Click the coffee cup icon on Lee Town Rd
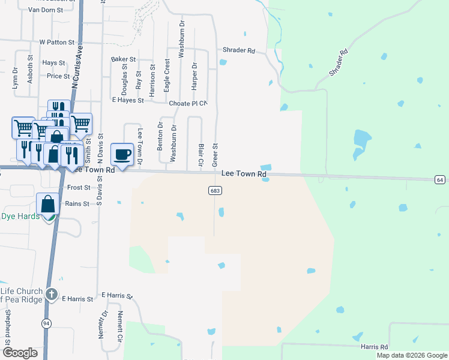click(x=122, y=154)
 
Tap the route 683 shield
click(x=215, y=190)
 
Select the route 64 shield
click(x=440, y=180)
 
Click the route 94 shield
click(x=46, y=323)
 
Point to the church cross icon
click(x=52, y=295)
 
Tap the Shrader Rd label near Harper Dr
click(x=239, y=50)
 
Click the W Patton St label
click(x=56, y=43)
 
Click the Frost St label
click(x=79, y=188)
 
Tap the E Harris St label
click(x=77, y=299)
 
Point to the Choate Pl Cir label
click(x=188, y=104)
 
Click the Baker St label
click(x=124, y=59)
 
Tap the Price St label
click(x=58, y=76)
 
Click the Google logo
click(x=20, y=353)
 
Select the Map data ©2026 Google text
click(x=412, y=355)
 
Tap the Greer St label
click(x=214, y=155)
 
